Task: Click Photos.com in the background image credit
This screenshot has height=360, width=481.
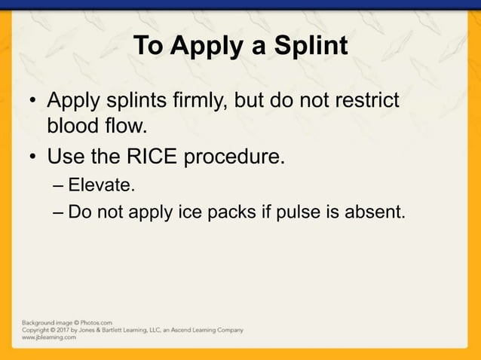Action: click(95, 322)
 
